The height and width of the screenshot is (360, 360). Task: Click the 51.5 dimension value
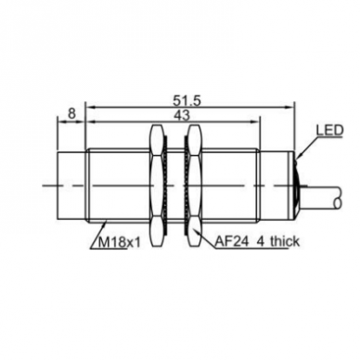point(186,101)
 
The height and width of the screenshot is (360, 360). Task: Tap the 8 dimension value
point(71,113)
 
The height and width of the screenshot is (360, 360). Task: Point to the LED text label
point(329,130)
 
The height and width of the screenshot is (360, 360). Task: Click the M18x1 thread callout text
point(120,242)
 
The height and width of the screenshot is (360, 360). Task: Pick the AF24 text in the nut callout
point(232,241)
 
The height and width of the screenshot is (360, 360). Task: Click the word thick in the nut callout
point(285,241)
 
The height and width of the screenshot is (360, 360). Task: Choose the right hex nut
point(195,186)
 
